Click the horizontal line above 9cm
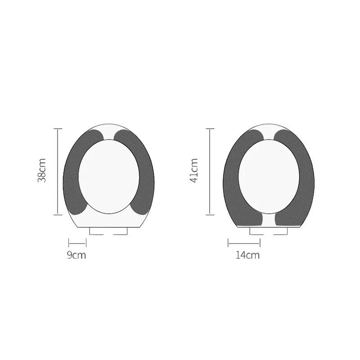pyautogui.click(x=77, y=243)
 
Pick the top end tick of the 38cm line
pyautogui.click(x=57, y=129)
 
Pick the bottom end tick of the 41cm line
pyautogui.click(x=210, y=215)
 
